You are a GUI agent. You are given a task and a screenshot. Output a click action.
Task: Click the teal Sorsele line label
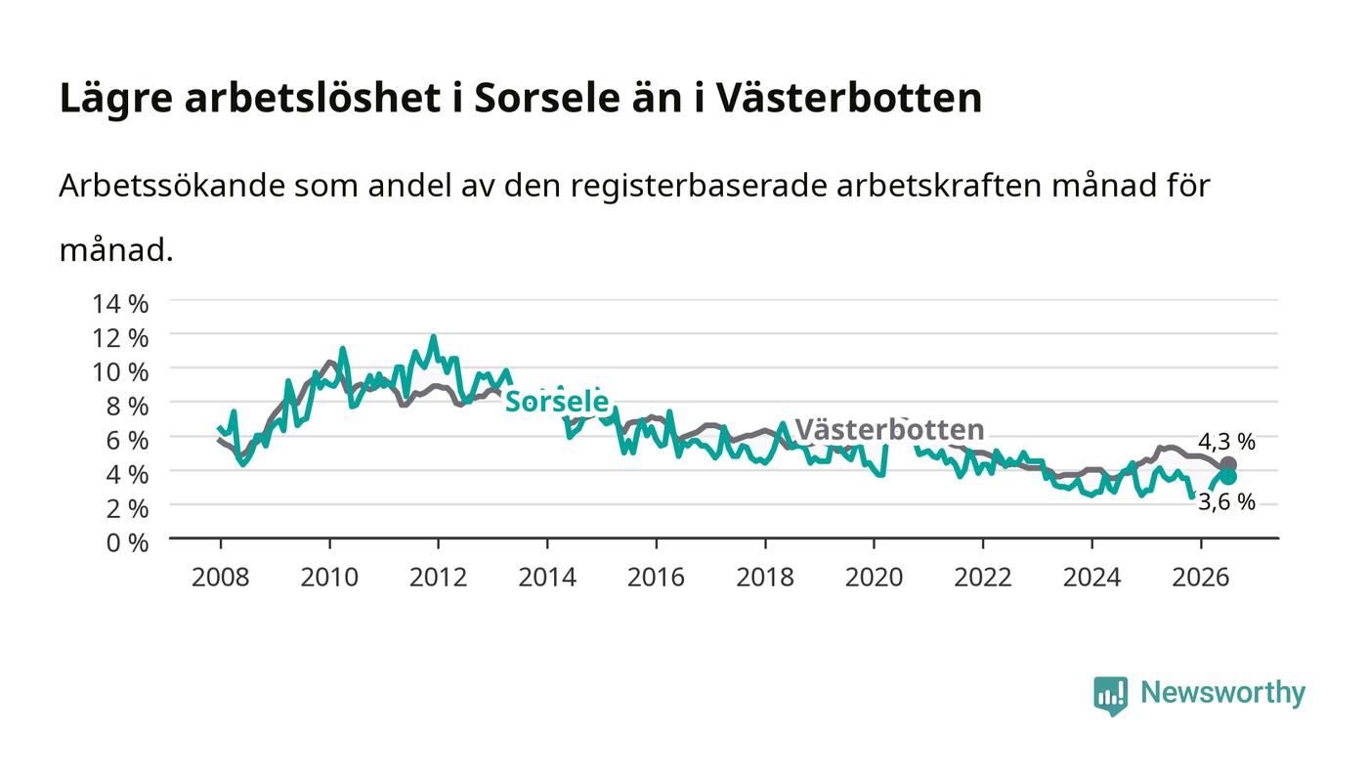[557, 402]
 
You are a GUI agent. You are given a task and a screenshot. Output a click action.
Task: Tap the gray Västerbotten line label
[890, 430]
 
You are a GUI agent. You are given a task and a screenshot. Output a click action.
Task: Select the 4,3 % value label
[1226, 441]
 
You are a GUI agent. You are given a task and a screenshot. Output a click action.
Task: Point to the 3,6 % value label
[1226, 501]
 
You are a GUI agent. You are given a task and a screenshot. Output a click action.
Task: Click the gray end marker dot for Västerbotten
[1228, 465]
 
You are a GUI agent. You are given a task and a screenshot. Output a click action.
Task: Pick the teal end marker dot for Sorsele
[1228, 477]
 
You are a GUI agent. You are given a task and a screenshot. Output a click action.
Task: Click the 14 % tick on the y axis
[120, 304]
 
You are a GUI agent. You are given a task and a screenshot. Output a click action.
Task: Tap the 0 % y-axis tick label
[127, 542]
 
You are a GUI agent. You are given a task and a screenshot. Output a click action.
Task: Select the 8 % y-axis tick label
[127, 406]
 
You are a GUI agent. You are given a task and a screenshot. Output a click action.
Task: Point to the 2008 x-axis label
[221, 577]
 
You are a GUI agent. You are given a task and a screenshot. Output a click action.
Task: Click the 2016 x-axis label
[656, 577]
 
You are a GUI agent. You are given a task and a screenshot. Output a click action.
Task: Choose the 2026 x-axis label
[1201, 577]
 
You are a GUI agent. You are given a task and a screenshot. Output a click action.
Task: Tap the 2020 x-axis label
[874, 577]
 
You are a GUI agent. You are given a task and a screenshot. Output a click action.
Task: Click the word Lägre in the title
[116, 98]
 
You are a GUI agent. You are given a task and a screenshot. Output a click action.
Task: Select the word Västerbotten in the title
[849, 97]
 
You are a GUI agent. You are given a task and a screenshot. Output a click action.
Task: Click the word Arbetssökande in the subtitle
[172, 185]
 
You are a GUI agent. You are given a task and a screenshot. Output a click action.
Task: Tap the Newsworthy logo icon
[1110, 695]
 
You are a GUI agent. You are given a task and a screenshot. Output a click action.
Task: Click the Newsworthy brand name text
[1222, 693]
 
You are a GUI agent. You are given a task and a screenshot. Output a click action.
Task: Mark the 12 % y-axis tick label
[120, 337]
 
